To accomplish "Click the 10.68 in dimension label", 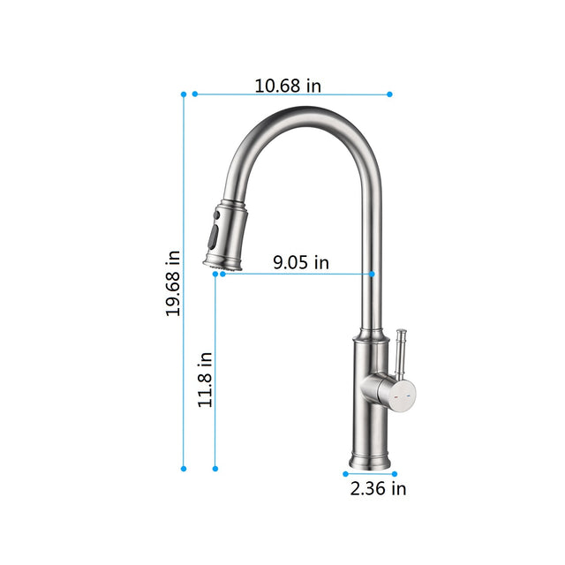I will (288, 86).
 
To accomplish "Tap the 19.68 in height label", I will (174, 282).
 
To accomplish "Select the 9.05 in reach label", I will (300, 262).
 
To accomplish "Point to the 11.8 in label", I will (205, 380).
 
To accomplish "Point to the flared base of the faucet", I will (371, 461).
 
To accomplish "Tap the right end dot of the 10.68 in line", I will (389, 94).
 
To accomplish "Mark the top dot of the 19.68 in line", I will (184, 94).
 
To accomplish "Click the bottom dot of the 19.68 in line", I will (184, 469).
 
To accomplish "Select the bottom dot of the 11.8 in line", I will (215, 469).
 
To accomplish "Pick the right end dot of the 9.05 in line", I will (372, 274).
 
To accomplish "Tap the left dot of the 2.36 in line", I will (345, 474).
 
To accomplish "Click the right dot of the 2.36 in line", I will (395, 474).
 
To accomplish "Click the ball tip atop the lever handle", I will (402, 334).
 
